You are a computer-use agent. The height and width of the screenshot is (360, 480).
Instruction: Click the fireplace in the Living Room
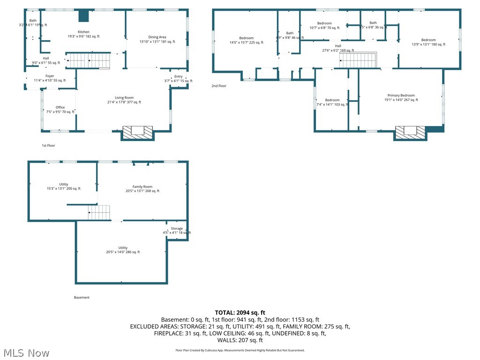[137, 133]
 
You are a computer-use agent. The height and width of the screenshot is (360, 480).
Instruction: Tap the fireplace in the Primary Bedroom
[411, 133]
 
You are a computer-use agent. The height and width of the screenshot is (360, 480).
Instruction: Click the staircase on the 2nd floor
[358, 60]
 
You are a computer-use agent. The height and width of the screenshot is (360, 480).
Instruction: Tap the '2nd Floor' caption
[219, 86]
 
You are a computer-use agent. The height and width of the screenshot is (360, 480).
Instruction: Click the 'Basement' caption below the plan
[82, 297]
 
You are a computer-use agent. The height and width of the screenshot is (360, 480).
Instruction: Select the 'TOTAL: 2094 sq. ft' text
[240, 312]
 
